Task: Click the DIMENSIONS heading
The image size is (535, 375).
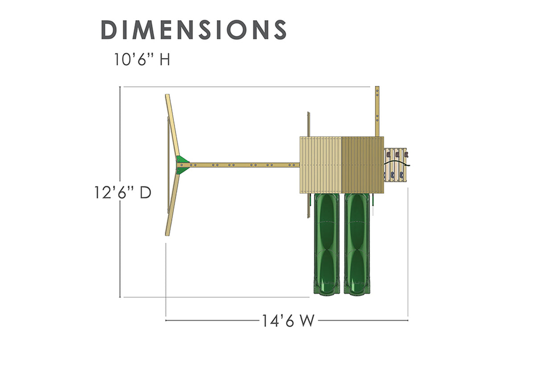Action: point(193,29)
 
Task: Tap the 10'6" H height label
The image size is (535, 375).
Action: point(142,59)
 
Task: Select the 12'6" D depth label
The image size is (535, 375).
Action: point(123,192)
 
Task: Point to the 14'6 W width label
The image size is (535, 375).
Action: point(288,321)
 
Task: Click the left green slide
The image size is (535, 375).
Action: point(327,244)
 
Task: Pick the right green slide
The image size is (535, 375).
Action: point(357,244)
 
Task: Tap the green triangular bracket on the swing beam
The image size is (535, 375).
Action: point(182,165)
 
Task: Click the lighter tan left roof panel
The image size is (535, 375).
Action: point(321,165)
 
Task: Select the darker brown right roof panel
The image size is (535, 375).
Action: point(363,165)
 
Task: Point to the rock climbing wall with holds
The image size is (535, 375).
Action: point(395,165)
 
